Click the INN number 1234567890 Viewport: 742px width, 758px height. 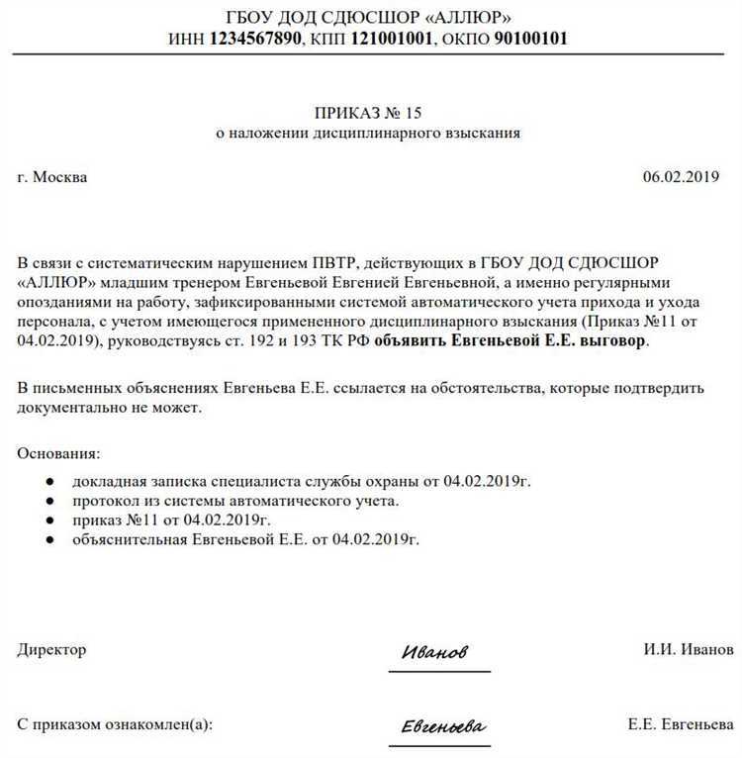click(x=256, y=40)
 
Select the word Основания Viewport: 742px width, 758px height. click(x=57, y=453)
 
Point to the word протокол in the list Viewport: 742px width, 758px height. click(x=105, y=501)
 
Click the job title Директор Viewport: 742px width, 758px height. click(x=51, y=650)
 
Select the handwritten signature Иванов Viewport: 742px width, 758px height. click(x=434, y=653)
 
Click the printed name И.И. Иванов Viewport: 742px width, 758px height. click(x=688, y=650)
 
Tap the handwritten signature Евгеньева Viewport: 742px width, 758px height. click(x=442, y=727)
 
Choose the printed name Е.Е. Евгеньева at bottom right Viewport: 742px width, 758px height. click(x=681, y=724)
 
